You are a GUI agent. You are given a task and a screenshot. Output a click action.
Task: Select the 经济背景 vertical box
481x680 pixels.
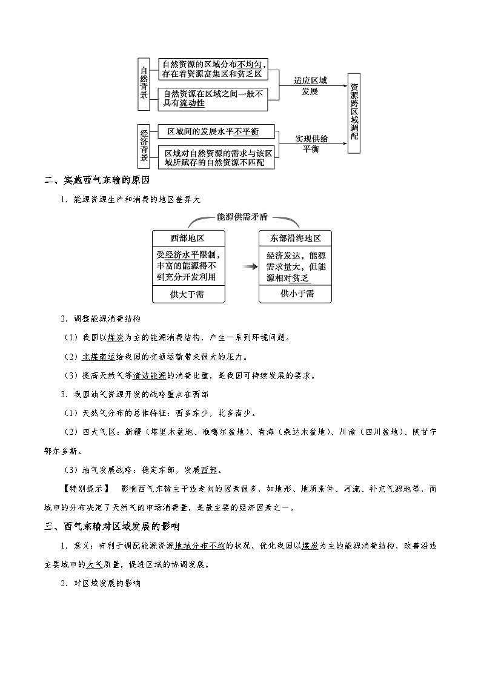[x=144, y=145]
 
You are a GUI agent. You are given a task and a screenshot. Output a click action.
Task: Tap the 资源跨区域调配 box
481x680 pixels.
[x=354, y=111]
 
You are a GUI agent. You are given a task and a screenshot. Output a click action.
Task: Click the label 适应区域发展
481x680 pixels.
[x=310, y=85]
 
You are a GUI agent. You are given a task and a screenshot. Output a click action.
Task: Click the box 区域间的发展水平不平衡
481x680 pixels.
[x=216, y=131]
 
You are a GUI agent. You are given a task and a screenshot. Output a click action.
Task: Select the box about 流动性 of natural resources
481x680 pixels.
[x=212, y=99]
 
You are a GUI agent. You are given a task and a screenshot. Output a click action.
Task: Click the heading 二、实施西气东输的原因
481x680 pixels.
[x=97, y=180]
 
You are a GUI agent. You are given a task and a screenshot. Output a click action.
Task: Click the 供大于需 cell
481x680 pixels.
[x=188, y=294]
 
